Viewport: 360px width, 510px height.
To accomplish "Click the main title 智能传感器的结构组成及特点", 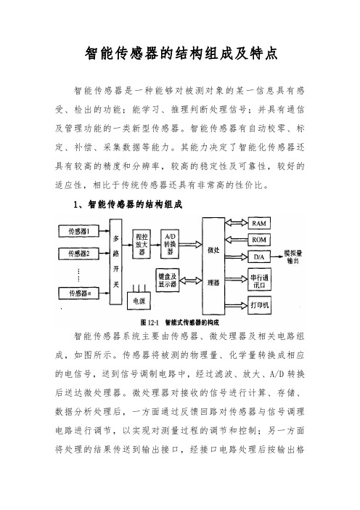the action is (x=181, y=53).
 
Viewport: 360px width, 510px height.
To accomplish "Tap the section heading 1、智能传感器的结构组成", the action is (x=128, y=204).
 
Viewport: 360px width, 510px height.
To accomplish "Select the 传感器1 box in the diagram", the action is (x=78, y=231).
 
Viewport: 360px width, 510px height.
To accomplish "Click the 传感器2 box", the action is (x=78, y=253).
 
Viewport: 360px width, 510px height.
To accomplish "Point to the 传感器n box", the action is (x=78, y=293).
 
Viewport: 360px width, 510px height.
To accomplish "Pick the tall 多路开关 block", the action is (x=115, y=262).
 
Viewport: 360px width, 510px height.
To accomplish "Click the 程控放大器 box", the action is (x=142, y=244).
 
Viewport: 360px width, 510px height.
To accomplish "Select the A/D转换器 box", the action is (x=170, y=244).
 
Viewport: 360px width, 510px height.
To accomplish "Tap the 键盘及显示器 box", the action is (x=168, y=280).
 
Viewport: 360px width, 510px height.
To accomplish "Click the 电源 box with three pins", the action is (x=139, y=301).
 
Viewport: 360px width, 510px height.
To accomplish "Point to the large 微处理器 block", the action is (x=213, y=266).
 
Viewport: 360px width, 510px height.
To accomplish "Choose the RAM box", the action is (x=259, y=223).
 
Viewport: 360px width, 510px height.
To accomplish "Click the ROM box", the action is (x=259, y=240).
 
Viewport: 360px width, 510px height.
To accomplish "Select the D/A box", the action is (x=259, y=257).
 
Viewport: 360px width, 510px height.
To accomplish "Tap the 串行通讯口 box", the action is (x=259, y=280).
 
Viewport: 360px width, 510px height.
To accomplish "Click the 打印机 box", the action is (x=259, y=305).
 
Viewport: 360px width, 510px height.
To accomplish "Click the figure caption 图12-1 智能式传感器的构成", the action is (x=180, y=323).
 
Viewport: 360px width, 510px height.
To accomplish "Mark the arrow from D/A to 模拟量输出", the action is (x=277, y=257).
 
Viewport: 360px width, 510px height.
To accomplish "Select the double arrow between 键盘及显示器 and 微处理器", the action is (x=191, y=280).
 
